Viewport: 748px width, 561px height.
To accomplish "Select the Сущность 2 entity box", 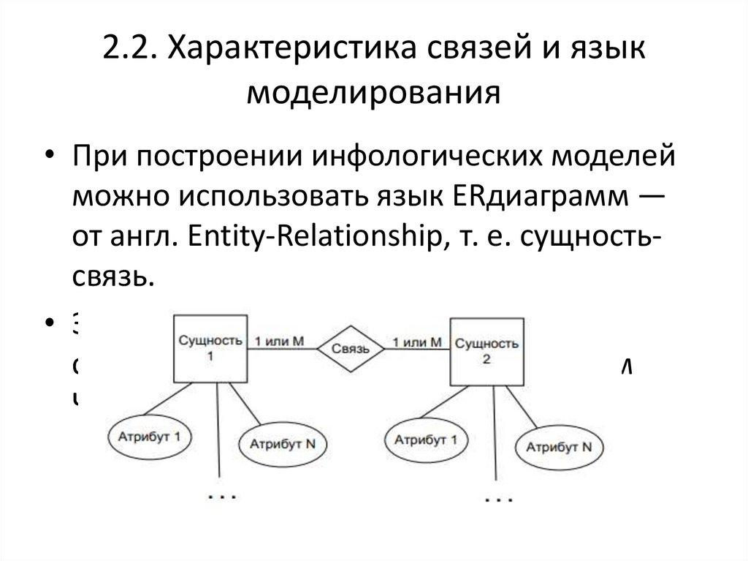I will click(x=485, y=350).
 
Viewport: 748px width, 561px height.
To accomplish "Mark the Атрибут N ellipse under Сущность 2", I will click(x=560, y=446).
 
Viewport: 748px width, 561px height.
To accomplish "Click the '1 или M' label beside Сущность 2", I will click(x=417, y=342).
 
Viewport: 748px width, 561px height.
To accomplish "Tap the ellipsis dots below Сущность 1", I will click(x=221, y=497).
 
